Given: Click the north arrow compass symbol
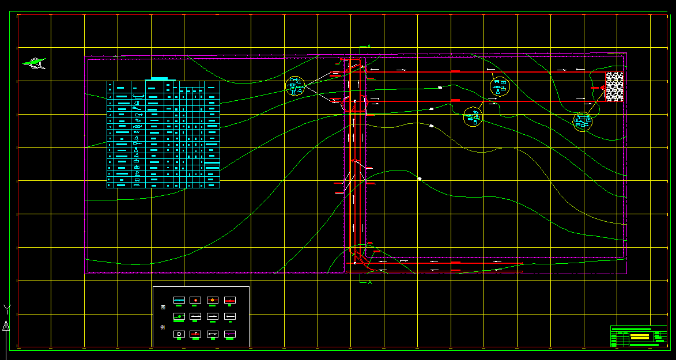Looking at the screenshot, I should pos(35,63).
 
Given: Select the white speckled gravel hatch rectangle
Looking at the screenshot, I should pos(614,87).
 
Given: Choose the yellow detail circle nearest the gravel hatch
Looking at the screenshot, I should pos(583,121).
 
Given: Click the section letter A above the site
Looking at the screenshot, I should pos(369,46).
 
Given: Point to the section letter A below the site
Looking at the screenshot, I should pos(369,282).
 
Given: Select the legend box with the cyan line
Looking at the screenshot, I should pos(179,300).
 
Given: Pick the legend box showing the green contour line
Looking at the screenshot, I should pos(179,317).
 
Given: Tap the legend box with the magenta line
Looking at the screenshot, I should pos(230,334).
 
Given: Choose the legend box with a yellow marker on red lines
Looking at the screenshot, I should pos(195,300).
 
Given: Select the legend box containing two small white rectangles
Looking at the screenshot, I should pos(195,317).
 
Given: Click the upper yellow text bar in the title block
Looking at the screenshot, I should pos(639,335).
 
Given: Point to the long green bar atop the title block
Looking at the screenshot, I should pos(631,329).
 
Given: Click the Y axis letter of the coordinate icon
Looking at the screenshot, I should pos(6,308).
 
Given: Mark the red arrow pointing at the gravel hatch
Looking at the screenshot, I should pos(598,88).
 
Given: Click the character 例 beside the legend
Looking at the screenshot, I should pos(163,328).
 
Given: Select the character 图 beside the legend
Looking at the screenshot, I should pos(163,308).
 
